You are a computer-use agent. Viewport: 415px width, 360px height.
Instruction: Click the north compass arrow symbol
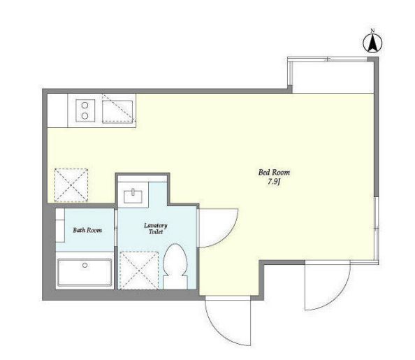coord(372,43)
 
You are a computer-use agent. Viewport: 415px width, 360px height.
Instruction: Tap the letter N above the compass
coord(372,31)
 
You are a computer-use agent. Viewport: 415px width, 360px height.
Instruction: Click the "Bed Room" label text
coord(274,173)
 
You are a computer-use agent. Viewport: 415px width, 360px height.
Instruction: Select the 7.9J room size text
coord(274,182)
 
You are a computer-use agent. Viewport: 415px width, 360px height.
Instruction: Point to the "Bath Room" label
coord(87,230)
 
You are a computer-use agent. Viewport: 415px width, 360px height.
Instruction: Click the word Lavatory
coord(156,226)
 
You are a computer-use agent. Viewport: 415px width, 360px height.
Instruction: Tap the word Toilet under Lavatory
coord(156,232)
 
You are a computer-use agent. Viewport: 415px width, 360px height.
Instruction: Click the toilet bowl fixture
coord(175,266)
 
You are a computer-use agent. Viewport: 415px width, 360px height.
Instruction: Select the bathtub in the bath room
coord(85,273)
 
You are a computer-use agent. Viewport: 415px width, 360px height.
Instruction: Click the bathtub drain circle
coord(85,265)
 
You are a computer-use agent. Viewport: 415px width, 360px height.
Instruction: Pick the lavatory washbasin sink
coord(133,196)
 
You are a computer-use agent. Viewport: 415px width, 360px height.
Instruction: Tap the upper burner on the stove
coord(85,105)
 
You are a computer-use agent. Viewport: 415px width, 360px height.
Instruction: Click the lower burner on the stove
coord(85,116)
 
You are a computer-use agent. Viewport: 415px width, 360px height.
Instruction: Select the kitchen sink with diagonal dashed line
coord(117,112)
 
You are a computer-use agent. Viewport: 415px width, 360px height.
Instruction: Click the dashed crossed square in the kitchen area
coord(71,185)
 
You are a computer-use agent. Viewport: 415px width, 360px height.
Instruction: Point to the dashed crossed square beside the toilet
coord(139,271)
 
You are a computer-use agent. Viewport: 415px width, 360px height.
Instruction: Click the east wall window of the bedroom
coord(377,228)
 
